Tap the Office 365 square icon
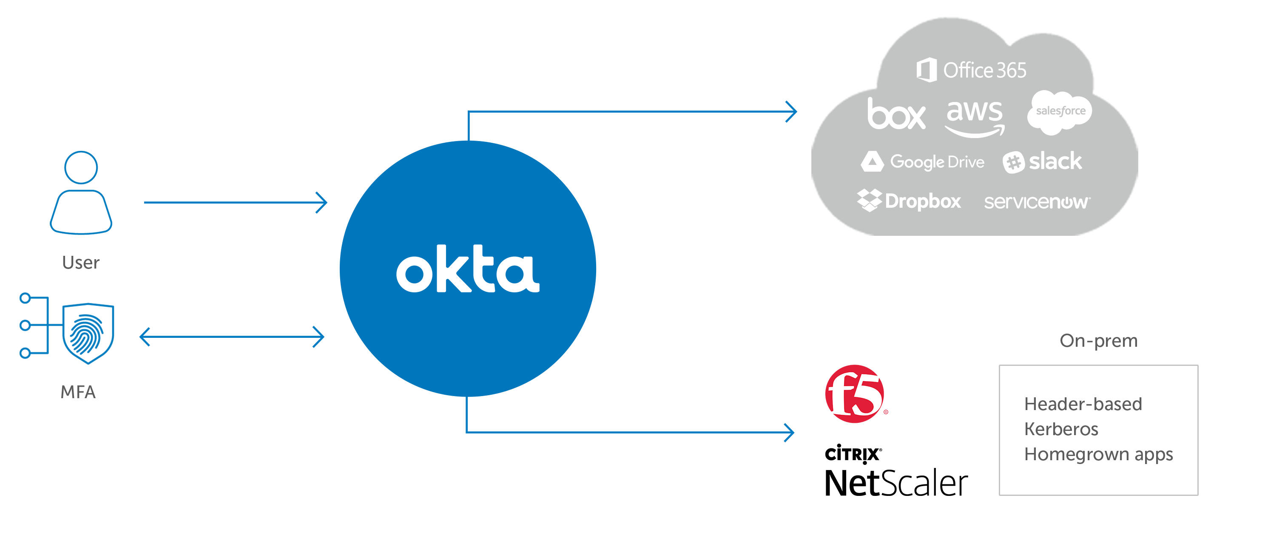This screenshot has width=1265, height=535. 926,70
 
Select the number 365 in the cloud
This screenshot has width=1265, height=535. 1011,71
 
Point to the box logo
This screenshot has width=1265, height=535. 896,114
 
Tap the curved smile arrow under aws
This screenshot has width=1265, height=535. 974,131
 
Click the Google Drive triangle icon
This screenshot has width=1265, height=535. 872,162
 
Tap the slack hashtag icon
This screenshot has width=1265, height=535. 1014,162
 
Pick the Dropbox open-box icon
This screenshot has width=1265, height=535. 869,201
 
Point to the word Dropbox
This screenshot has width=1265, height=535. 923,201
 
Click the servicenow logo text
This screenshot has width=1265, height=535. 1036,202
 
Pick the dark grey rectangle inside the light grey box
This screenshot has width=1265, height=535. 1111,430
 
